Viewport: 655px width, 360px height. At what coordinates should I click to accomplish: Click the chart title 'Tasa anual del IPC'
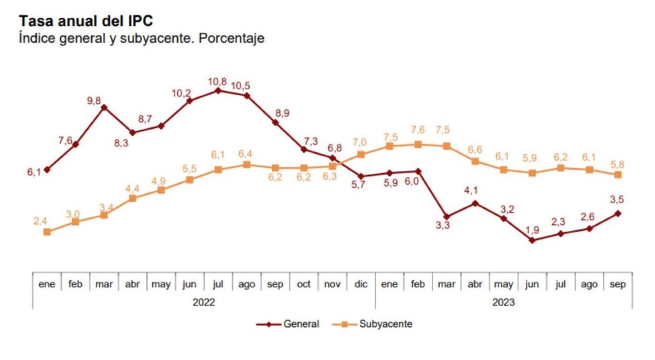(x=86, y=21)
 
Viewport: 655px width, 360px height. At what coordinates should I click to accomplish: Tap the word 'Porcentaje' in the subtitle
(x=231, y=38)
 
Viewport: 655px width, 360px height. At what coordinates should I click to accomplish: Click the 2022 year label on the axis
(x=203, y=302)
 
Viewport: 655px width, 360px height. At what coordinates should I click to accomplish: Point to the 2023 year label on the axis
(x=503, y=302)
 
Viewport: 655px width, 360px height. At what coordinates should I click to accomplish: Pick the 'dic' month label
(x=361, y=285)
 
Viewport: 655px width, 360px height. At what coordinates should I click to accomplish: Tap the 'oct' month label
(x=303, y=285)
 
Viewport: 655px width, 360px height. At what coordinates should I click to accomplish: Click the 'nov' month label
(x=332, y=285)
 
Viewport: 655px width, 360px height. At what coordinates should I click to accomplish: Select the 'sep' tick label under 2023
(x=617, y=285)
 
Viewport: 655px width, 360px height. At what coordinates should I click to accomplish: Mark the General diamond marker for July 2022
(x=218, y=91)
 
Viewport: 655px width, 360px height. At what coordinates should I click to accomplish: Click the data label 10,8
(x=217, y=82)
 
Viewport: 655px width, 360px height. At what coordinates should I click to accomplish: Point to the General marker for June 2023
(x=532, y=240)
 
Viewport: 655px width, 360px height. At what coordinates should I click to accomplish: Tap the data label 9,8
(x=94, y=101)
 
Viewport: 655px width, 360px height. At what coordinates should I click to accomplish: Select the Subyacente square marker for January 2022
(x=47, y=232)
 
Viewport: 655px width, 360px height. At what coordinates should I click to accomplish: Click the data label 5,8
(x=617, y=165)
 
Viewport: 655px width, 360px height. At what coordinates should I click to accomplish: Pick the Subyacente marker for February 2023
(x=418, y=144)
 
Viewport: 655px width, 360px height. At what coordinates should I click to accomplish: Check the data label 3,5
(x=617, y=200)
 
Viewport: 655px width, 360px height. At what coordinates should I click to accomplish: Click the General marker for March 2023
(x=446, y=217)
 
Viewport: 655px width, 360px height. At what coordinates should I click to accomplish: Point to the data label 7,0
(x=359, y=143)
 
